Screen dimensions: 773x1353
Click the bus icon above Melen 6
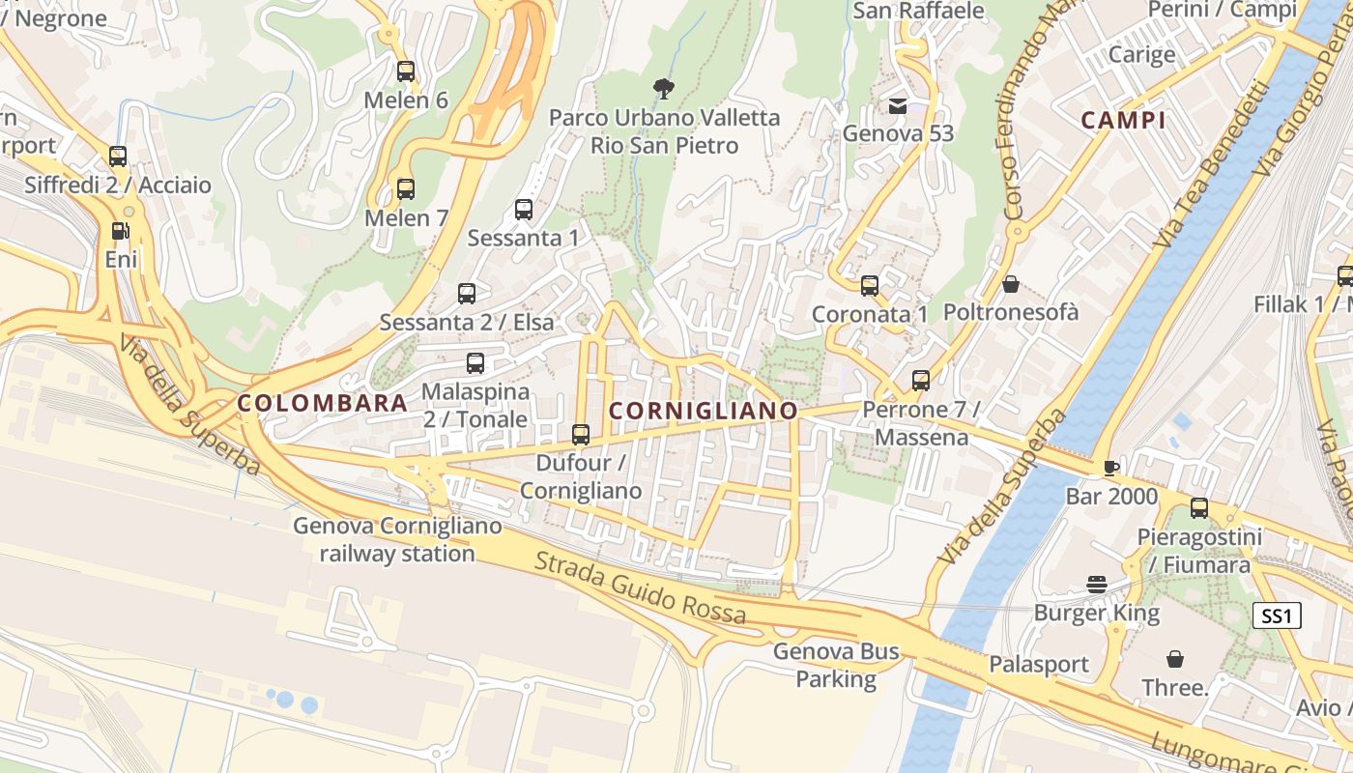tap(406, 71)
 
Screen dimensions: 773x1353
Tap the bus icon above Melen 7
tap(406, 188)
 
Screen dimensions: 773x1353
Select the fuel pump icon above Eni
tap(120, 230)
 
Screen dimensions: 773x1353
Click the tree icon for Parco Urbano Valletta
tap(663, 89)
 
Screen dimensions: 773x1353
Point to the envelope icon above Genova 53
tap(898, 105)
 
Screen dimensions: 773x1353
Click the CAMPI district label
tap(1123, 121)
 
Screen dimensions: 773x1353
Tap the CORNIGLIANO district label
tap(704, 411)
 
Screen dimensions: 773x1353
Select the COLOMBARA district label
tap(322, 404)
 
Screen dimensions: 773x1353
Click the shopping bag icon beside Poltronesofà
tap(1010, 284)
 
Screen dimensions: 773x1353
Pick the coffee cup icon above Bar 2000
tap(1111, 468)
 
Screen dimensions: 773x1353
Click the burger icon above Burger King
tap(1096, 584)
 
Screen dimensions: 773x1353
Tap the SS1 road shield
tap(1277, 616)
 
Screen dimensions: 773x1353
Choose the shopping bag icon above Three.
tap(1175, 659)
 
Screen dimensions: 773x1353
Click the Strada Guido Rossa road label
tap(640, 587)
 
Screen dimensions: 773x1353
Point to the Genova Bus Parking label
tap(836, 665)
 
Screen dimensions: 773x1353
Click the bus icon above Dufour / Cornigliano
tap(581, 435)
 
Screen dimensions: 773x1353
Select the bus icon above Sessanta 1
tap(524, 209)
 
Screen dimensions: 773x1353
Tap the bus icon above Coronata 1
tap(870, 285)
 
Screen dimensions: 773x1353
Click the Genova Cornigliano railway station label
tap(397, 539)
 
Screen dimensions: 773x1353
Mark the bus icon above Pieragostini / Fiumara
tap(1199, 507)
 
